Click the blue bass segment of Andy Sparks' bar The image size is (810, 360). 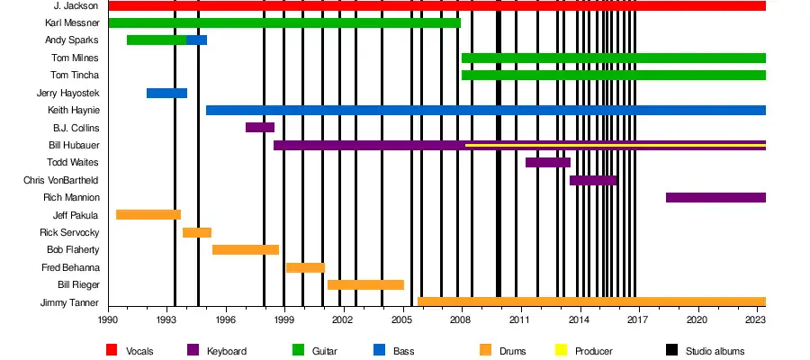click(196, 40)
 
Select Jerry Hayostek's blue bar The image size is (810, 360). click(166, 93)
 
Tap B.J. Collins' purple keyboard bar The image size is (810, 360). click(259, 128)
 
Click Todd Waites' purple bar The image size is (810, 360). click(547, 162)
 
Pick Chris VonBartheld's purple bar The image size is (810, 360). click(592, 180)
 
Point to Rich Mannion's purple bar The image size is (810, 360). click(715, 197)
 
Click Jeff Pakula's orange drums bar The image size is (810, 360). click(148, 214)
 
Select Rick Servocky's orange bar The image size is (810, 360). click(197, 232)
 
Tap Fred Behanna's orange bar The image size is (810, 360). click(305, 267)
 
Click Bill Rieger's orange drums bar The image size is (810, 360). click(365, 284)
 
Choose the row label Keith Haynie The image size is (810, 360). click(74, 110)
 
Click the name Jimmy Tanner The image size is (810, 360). click(70, 302)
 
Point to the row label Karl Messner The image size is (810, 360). click(72, 22)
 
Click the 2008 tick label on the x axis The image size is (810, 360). click(462, 319)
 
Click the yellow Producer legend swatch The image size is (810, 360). click(562, 350)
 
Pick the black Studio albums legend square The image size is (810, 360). click(671, 350)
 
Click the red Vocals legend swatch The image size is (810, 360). click(112, 350)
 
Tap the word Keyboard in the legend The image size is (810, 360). click(226, 350)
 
